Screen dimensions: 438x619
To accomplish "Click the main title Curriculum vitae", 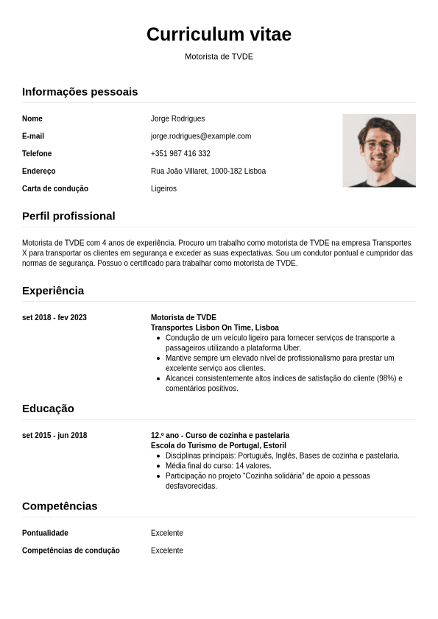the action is pos(219,35).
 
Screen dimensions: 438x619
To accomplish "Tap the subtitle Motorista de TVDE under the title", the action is pos(219,57).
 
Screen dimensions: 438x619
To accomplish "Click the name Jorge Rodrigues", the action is pos(177,119).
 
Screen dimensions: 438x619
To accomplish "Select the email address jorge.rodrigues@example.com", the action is pos(201,136).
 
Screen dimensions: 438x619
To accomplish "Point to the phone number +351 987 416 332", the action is pos(180,154).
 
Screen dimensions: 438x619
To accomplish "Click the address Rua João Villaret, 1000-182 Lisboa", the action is pos(208,171).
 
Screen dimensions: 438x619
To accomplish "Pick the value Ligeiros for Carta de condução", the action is pos(163,189).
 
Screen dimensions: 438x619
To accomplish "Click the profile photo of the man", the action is pos(379,151).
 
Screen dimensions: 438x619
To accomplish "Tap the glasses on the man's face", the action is pos(378,145).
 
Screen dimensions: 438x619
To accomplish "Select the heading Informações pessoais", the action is pos(80,92).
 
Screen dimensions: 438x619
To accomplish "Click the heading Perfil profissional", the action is pos(68,216).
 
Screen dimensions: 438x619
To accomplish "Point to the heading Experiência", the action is pos(53,291).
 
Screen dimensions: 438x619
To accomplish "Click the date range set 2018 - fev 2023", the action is pos(54,318).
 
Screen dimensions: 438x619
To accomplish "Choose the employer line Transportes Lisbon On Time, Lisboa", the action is pos(215,328).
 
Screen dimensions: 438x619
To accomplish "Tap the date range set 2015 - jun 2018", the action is pos(54,436).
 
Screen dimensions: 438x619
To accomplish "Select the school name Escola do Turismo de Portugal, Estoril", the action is pos(219,445).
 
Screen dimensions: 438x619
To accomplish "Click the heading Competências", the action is pos(60,506).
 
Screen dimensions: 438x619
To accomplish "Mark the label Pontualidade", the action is pos(45,533).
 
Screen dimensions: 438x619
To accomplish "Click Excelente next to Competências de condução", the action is pos(167,551).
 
